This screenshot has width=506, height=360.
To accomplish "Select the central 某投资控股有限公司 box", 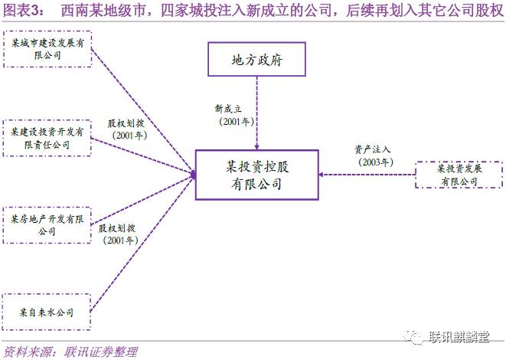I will point(256,175).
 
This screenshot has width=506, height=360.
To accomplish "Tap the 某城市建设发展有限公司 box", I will point(47,51).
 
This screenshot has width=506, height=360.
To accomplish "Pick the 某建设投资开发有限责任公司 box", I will point(47,138).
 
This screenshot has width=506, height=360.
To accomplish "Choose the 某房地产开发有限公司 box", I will point(47,224).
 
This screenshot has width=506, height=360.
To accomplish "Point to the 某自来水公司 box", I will point(47,312).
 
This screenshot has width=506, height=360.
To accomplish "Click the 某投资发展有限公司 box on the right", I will point(458,175).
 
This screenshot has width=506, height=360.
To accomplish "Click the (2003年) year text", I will point(374,162).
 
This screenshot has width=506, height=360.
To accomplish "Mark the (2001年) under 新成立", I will point(233,122).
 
